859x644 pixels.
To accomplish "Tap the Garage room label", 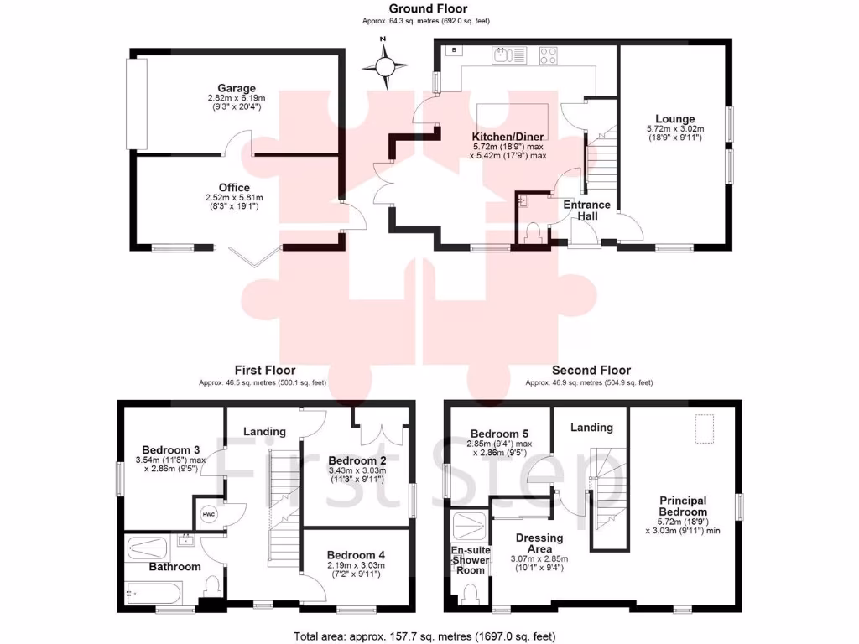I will point(237,88).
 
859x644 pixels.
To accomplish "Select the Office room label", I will point(235,187).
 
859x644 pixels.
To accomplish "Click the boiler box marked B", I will point(454,50).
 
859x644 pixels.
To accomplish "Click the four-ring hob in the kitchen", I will point(549,55).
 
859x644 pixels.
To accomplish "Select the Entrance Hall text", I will point(586,210).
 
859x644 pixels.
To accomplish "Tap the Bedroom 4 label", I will point(356,555).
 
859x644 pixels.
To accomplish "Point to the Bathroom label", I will point(174,567).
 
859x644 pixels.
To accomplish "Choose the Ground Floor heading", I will point(429,9).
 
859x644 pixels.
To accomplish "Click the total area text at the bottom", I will point(424,636).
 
